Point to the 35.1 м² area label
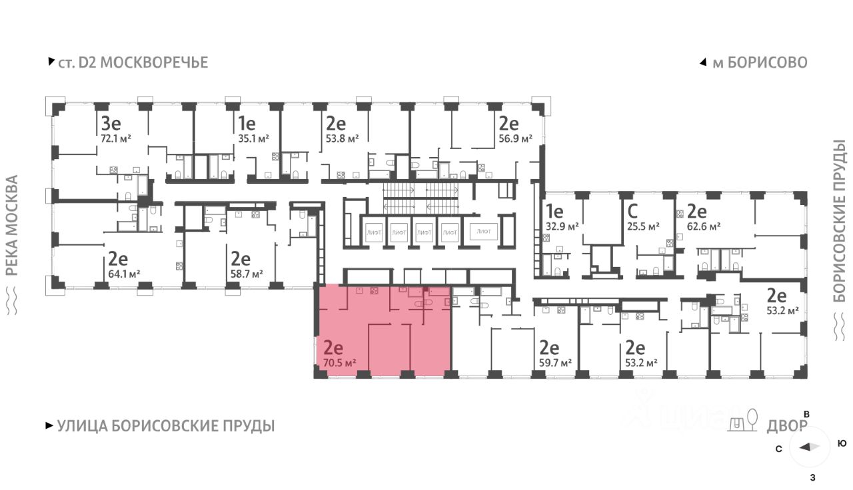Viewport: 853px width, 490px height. coord(254,138)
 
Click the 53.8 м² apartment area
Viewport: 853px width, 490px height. coord(343,138)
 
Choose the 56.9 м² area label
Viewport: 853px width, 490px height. coord(516,138)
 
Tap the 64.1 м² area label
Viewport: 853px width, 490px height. coord(124,273)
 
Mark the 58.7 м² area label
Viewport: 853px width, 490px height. coord(247,273)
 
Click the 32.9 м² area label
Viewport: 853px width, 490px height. coord(562,226)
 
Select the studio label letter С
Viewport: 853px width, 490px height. coord(634,212)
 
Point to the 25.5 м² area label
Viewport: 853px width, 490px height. coord(644,226)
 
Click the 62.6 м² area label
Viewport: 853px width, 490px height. coord(705,226)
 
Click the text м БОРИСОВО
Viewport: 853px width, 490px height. coord(759,63)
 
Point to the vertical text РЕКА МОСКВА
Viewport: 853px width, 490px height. coord(11,225)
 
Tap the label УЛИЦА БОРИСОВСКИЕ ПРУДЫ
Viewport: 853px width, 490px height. coord(165,426)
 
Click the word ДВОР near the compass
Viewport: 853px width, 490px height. coord(787,426)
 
